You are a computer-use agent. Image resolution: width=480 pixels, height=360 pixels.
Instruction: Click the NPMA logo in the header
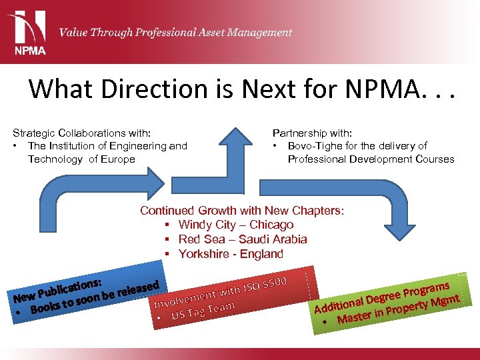(27, 31)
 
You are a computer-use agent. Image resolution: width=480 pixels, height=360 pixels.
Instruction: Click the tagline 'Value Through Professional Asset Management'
(175, 32)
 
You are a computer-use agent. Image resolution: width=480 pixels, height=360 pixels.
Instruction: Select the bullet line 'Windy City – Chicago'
(235, 225)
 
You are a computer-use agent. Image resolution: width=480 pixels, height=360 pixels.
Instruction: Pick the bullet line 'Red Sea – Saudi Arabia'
(242, 239)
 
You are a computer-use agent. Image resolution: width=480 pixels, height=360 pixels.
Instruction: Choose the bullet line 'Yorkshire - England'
(230, 254)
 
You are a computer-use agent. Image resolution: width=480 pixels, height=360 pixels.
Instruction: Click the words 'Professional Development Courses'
(371, 159)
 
